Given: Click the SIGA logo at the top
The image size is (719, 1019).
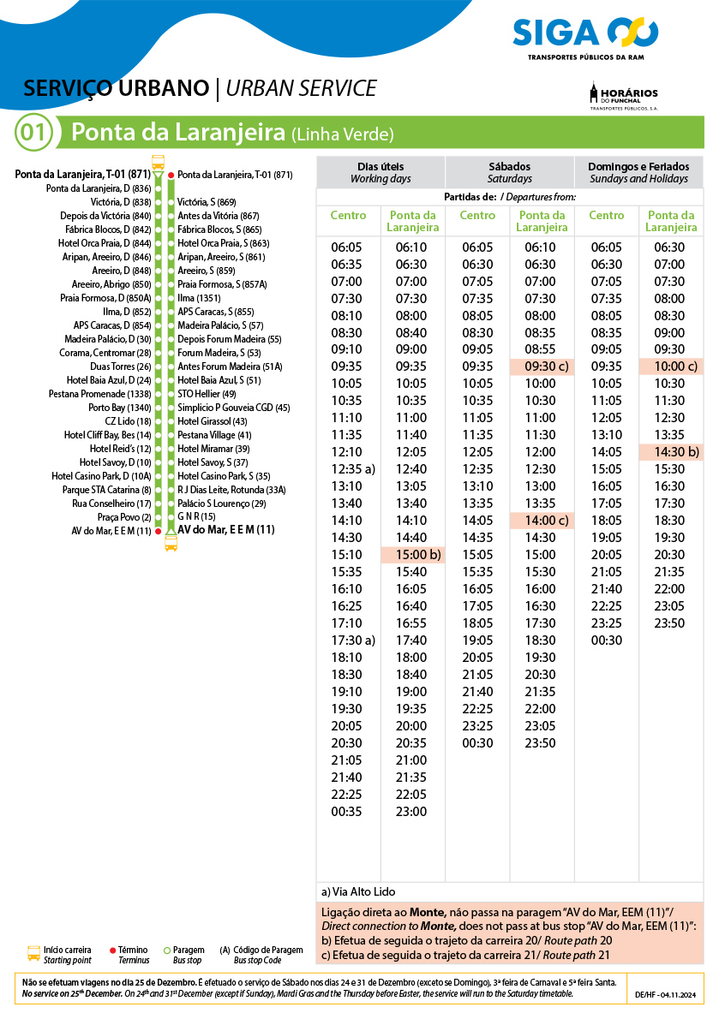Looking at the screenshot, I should point(585,36).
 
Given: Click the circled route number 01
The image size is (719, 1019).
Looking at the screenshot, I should point(34,133).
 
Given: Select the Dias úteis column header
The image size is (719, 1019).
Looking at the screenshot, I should point(380,172).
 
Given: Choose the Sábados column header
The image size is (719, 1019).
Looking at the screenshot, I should point(510,172).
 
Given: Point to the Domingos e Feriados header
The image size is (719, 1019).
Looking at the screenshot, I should point(638,172).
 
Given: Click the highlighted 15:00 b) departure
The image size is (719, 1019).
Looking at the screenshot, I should point(412,555).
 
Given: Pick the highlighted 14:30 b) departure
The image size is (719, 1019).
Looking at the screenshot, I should point(671,452).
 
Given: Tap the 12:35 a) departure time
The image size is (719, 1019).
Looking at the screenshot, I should point(353,469).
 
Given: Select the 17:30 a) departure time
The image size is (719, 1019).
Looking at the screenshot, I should point(353,641).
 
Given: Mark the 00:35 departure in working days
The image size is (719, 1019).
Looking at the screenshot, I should point(347,812).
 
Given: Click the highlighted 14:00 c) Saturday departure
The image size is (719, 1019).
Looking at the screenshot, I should point(542,521).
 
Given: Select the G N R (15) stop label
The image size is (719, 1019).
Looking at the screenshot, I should point(196,516).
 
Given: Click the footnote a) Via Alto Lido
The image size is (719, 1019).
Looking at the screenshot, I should point(358,892).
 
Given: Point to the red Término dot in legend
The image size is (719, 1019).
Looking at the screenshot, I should point(113,950).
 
